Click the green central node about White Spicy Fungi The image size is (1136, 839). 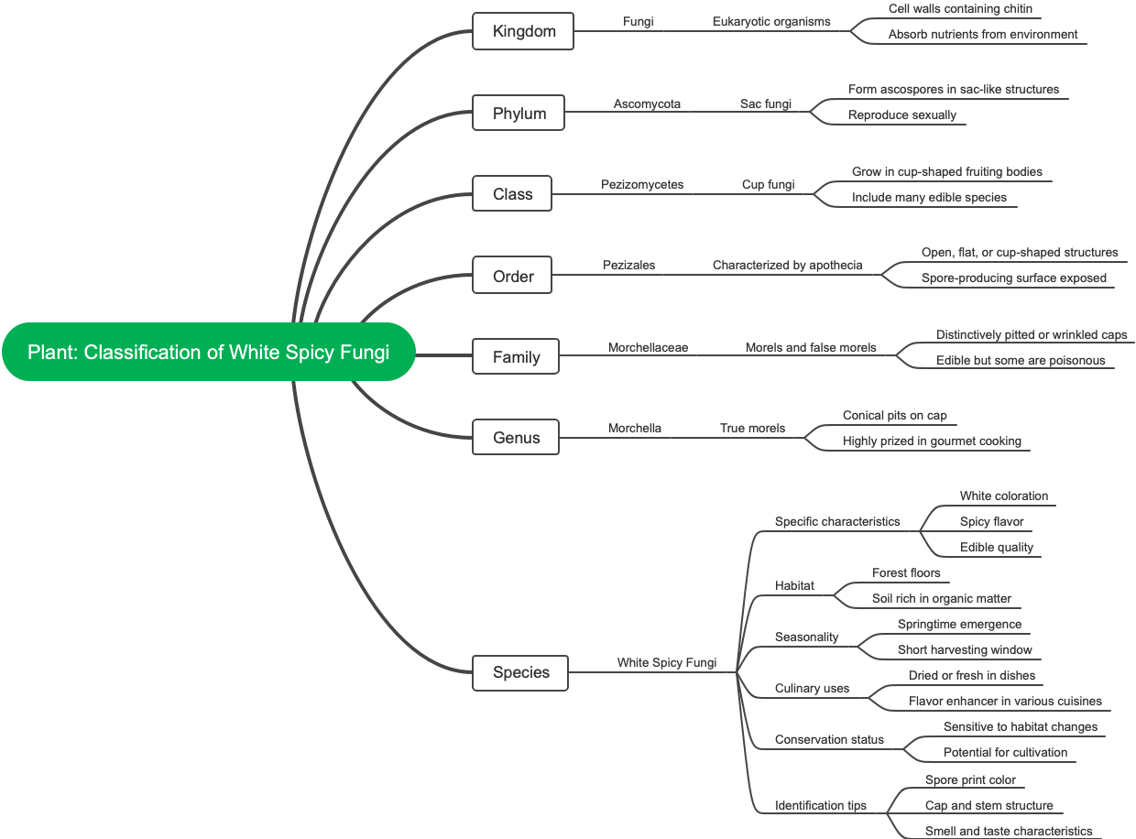coord(208,353)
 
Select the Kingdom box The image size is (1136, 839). coord(523,31)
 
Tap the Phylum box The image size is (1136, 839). coord(519,114)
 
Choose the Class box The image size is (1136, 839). coord(512,194)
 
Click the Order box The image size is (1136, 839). coord(512,276)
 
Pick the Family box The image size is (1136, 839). coord(516,357)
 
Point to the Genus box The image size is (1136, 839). coord(516,438)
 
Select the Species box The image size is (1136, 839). coord(520,672)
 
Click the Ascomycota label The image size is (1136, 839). coord(647,104)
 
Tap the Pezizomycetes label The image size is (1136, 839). coord(642,185)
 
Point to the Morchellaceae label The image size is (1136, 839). coord(648,348)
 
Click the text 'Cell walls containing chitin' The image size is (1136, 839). coord(960,9)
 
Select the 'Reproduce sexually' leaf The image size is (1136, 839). coord(901,115)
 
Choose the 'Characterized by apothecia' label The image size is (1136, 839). coord(787,266)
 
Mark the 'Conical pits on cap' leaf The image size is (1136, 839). coord(894,416)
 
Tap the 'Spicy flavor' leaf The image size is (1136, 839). coord(991,522)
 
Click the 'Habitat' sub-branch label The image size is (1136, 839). coord(794,586)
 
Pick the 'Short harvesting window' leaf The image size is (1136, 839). coord(965,650)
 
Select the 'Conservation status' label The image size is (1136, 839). coord(829,740)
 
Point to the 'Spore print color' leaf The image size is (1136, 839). coord(970,780)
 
